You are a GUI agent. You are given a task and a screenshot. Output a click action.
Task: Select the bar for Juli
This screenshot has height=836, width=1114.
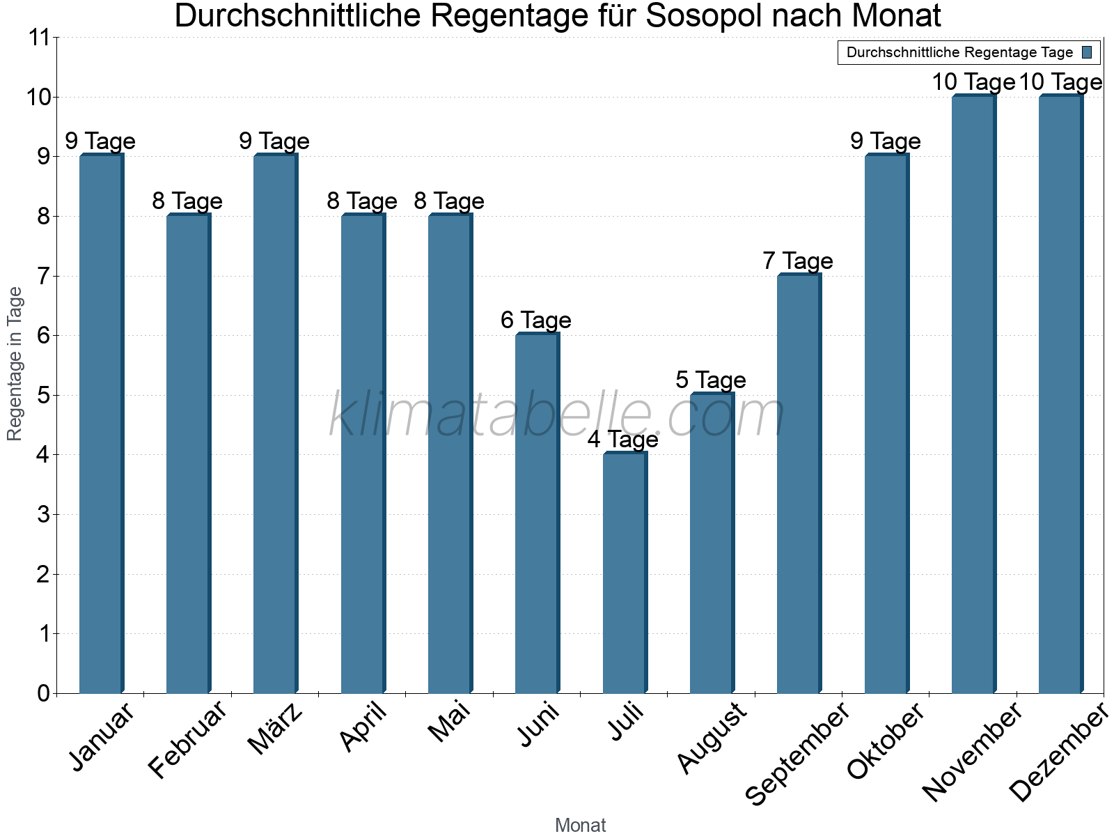tap(625, 573)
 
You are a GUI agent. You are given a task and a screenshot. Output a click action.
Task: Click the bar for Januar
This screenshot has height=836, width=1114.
tap(101, 424)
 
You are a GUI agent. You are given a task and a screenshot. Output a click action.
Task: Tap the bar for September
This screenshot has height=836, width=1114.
tap(799, 483)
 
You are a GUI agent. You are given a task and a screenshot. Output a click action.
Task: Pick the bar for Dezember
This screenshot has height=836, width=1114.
tap(1060, 394)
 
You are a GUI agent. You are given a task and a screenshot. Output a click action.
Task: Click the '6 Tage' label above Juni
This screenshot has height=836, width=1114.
tap(536, 320)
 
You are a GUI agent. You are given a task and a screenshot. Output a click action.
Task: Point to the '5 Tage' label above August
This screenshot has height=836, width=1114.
tap(711, 380)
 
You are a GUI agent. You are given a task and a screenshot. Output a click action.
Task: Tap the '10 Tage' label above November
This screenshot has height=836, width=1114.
tap(973, 82)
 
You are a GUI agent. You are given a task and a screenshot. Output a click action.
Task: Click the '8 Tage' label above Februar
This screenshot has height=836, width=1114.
tap(187, 201)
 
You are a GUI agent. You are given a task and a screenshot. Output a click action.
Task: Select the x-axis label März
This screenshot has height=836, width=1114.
tap(276, 729)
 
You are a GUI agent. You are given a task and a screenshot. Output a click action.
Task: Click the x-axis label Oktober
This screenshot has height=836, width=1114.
tap(886, 741)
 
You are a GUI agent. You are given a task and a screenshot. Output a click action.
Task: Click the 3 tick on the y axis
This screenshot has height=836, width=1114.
tap(44, 515)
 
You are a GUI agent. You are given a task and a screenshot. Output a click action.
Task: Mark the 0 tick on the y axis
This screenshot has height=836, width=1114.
tap(44, 693)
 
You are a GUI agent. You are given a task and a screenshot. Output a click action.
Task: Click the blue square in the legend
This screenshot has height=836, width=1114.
tap(1088, 52)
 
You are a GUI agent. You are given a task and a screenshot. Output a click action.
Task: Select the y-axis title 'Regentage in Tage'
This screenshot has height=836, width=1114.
tap(15, 364)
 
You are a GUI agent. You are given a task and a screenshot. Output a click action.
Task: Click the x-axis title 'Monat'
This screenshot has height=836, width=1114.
tap(580, 826)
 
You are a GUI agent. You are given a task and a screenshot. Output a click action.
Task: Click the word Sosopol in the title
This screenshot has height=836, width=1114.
tap(705, 17)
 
